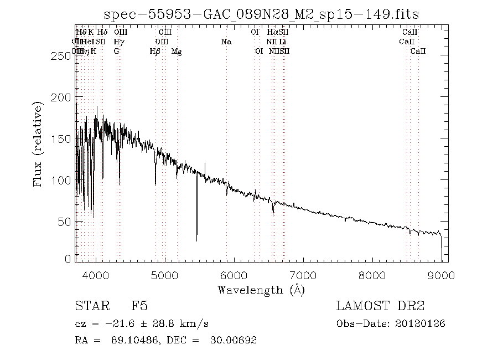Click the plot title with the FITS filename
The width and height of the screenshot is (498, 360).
261,13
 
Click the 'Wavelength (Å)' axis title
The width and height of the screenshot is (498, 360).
261,290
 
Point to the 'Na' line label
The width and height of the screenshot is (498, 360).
226,42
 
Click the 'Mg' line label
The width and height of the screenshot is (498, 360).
177,52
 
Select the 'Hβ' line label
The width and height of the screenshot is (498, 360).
155,52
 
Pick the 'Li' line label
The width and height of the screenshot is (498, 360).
282,42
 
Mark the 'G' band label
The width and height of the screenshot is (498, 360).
116,52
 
